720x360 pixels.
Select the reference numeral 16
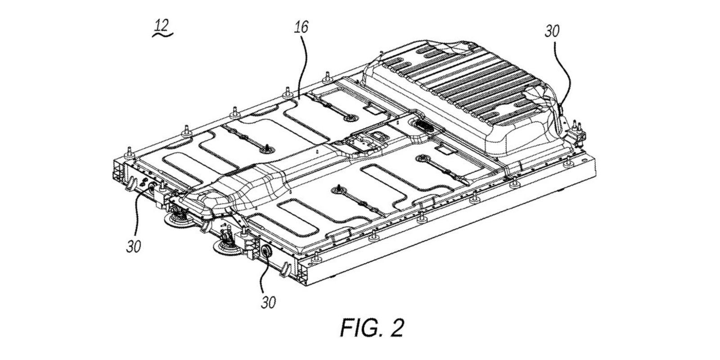coord(301,27)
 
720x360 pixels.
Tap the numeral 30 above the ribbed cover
coord(552,31)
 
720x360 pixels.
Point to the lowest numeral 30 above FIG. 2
coord(268,302)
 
